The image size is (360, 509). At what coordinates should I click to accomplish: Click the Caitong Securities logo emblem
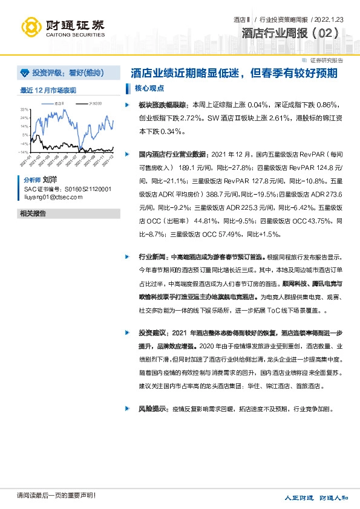click(31, 27)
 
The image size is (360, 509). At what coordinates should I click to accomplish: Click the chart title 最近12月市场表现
click(48, 91)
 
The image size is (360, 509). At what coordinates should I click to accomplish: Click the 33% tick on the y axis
click(25, 109)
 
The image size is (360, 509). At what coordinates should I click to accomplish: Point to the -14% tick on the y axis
click(24, 152)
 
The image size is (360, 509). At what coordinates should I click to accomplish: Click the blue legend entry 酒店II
click(59, 104)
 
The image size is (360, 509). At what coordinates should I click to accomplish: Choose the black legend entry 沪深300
click(94, 104)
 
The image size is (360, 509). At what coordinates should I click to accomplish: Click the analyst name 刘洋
click(50, 180)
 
